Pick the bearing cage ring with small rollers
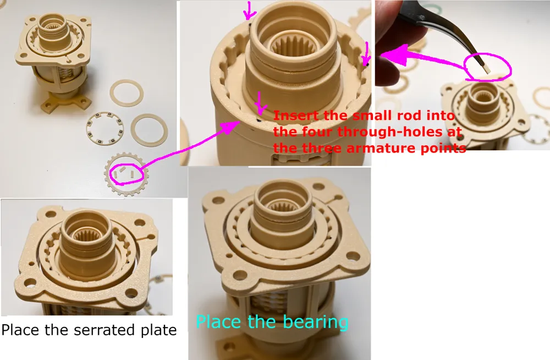pyautogui.click(x=105, y=128)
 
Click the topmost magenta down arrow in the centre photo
pyautogui.click(x=249, y=10)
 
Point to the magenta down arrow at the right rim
pyautogui.click(x=366, y=53)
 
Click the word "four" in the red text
pyautogui.click(x=317, y=132)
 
